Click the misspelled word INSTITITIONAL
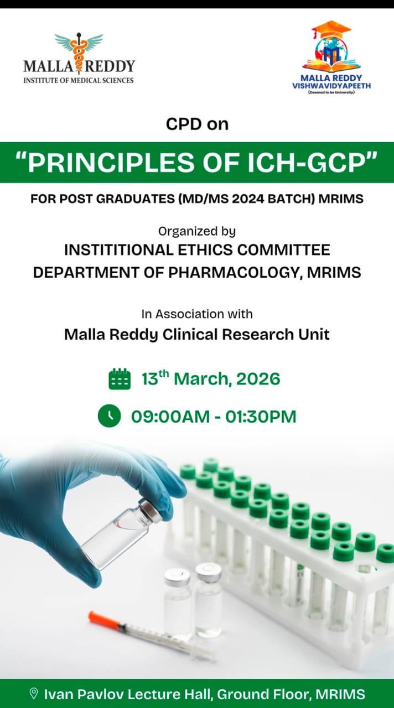[119, 250]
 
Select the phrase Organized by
[197, 231]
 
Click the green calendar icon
[120, 379]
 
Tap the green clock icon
[110, 416]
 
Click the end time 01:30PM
[261, 417]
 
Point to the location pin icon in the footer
[33, 694]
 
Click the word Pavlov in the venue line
[101, 694]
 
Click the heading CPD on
[197, 124]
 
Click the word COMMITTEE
[284, 250]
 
